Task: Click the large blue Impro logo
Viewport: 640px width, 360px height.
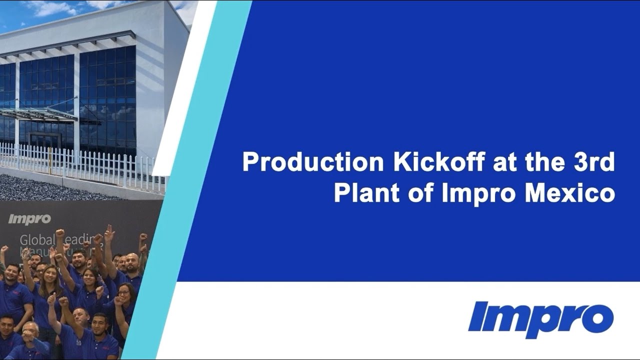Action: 540,319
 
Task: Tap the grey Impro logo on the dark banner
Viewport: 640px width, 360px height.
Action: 29,219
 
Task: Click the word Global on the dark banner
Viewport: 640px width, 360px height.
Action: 35,240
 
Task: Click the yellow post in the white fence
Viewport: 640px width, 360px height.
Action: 50,160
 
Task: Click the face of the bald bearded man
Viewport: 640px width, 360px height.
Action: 132,263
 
